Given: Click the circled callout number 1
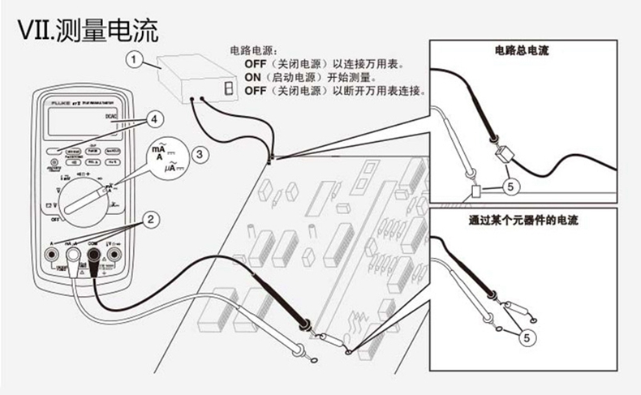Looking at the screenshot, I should click(135, 58).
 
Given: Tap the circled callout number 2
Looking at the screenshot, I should click(149, 217).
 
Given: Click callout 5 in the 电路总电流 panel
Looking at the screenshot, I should click(509, 186).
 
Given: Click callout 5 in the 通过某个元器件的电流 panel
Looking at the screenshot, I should click(528, 334).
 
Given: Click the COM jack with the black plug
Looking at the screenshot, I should click(93, 259).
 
